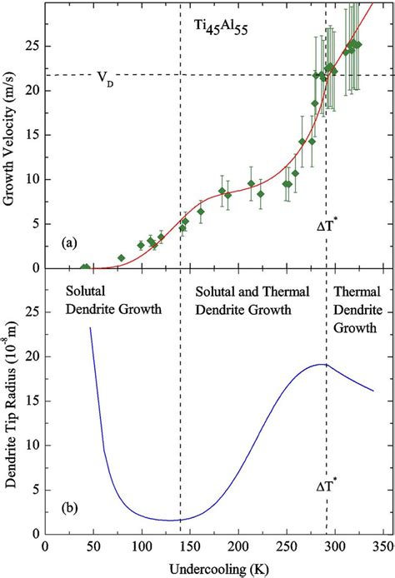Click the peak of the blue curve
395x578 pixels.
[x=322, y=364]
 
